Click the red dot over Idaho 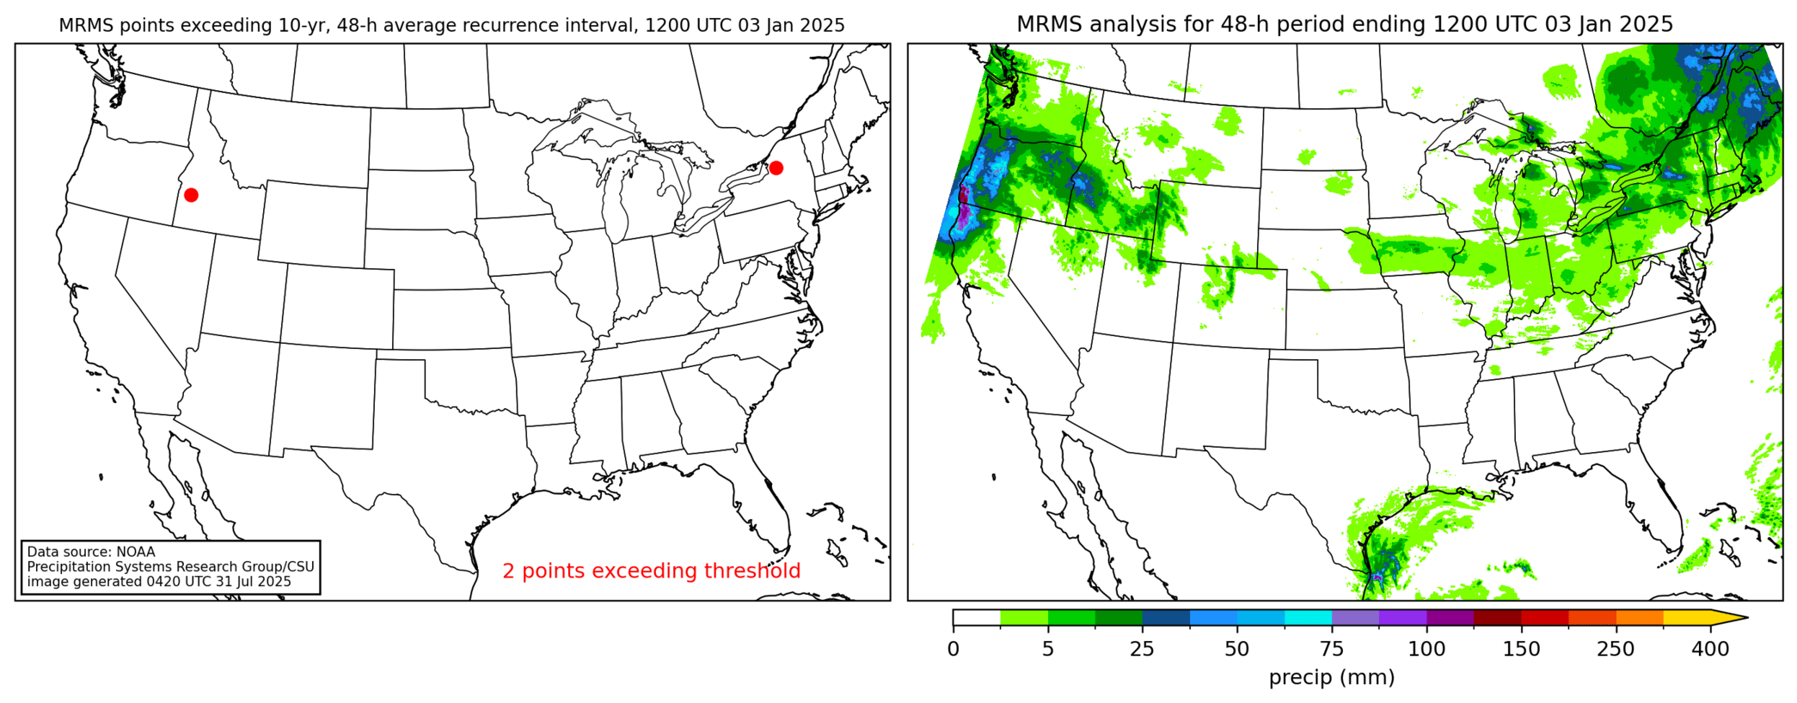click(x=191, y=195)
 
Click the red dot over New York click(x=776, y=168)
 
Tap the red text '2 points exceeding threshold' click(x=651, y=571)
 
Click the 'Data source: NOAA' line click(x=91, y=552)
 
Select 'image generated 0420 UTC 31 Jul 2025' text click(x=159, y=582)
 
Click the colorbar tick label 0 click(x=953, y=650)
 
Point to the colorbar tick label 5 click(x=1047, y=650)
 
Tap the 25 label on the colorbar click(x=1142, y=650)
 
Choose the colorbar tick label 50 click(x=1236, y=650)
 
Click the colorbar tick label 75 click(x=1332, y=650)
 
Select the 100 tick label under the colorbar click(x=1426, y=650)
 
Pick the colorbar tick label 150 click(x=1521, y=650)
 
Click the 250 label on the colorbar click(x=1616, y=650)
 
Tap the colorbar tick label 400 click(x=1710, y=650)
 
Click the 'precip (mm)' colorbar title click(x=1332, y=677)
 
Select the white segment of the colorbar click(x=977, y=617)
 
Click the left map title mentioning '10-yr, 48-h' click(x=451, y=26)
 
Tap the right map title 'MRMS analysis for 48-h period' click(x=1345, y=24)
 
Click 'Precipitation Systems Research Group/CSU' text click(x=170, y=567)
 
